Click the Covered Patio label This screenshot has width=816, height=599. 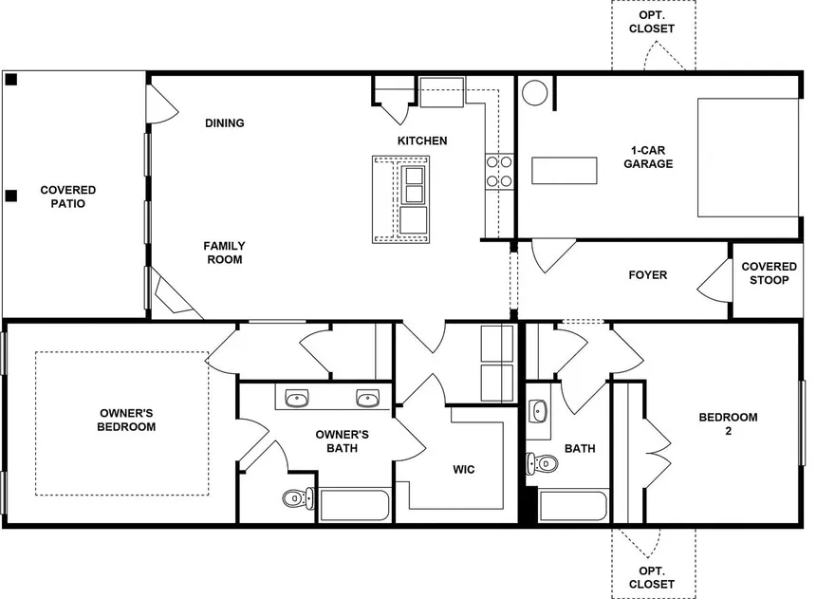[68, 197]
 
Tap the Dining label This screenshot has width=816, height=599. [225, 122]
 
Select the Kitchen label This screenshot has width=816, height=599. [422, 140]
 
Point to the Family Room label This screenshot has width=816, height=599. [224, 253]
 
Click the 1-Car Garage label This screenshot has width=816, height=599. [648, 157]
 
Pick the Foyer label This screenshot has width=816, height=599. [648, 275]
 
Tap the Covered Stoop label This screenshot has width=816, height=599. [770, 273]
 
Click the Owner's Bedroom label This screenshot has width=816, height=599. [126, 420]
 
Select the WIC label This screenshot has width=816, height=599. [464, 469]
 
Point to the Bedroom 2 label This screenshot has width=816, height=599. [728, 423]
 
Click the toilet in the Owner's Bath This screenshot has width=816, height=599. [298, 498]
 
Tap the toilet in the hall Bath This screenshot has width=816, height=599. [542, 463]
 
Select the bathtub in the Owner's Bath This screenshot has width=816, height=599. [355, 505]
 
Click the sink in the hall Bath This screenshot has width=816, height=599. [538, 411]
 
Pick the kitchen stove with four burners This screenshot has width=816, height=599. [499, 172]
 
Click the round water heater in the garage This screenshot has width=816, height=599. [534, 93]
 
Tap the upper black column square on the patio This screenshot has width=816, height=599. [11, 80]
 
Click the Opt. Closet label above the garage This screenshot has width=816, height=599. [652, 22]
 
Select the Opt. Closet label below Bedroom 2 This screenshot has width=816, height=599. [652, 578]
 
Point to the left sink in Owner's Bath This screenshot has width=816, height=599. [297, 399]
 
